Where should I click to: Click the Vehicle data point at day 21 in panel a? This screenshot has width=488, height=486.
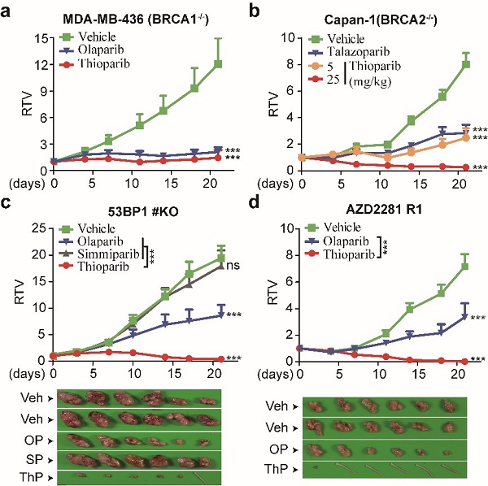[218, 63]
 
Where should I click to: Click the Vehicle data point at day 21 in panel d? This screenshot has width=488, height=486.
[464, 266]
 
